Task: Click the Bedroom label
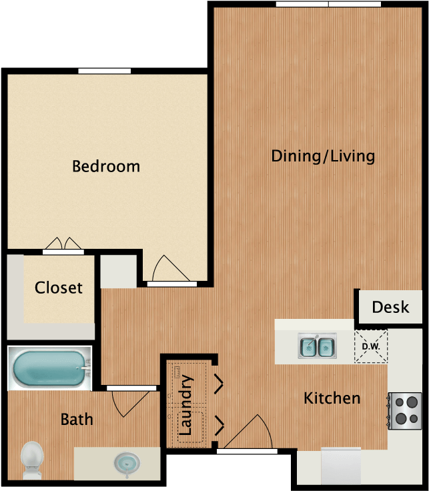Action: pos(106,166)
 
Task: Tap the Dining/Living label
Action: pos(323,156)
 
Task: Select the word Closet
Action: pos(59,288)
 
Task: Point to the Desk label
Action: pos(390,307)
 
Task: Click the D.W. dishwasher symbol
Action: pos(370,346)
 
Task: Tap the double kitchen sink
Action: pos(316,346)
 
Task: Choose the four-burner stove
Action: pos(405,410)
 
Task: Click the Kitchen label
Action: pos(332,398)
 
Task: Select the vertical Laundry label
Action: pos(186,406)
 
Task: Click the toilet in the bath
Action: pos(31,460)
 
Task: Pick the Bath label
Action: pos(77,420)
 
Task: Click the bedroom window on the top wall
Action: pos(104,71)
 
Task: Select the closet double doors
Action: pos(63,245)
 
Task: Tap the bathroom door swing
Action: pos(127,402)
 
